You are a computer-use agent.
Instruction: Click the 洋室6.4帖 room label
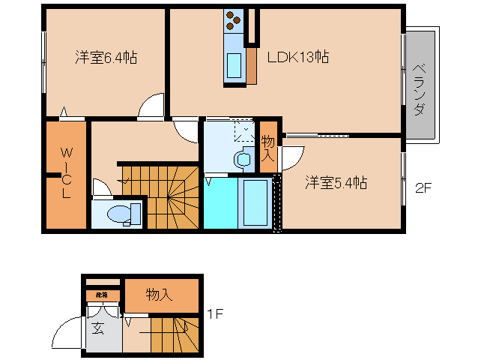coord(105,57)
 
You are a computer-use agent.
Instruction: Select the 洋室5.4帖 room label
coord(335,182)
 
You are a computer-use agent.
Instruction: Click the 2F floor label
coord(423,188)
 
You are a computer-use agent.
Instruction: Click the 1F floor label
coord(214,314)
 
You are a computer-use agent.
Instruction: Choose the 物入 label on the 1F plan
coord(159,295)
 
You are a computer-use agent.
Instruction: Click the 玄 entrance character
coord(99,327)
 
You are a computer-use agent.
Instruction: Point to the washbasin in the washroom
coord(243,159)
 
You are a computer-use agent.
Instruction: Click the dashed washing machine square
coord(244,132)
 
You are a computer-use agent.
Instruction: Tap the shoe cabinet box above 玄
coord(102,295)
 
